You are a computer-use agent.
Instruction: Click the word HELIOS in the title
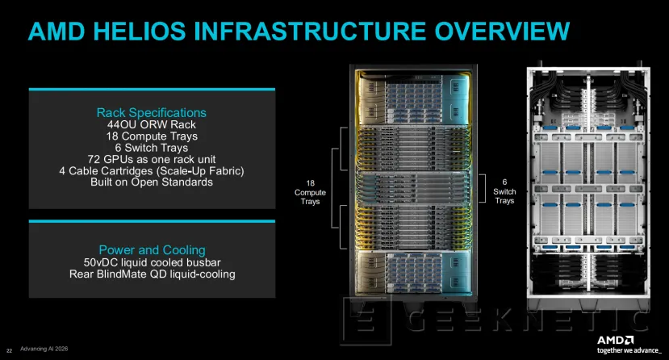139,31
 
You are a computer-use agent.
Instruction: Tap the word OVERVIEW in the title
502,31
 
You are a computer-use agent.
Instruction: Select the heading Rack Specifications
152,113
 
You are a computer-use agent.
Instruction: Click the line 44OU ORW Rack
152,124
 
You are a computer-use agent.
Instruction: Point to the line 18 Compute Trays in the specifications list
152,136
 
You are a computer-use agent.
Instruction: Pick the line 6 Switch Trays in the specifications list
152,148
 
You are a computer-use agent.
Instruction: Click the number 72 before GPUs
94,159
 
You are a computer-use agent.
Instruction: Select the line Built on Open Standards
152,182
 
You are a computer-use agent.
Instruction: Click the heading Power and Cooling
152,250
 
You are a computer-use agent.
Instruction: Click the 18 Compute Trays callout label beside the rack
310,192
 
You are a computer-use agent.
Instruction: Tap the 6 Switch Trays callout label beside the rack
504,191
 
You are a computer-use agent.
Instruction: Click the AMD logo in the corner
615,340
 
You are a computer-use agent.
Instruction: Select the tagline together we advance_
629,350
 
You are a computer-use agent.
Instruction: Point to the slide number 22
10,350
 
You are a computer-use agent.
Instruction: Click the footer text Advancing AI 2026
44,349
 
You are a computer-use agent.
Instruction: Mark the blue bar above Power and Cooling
152,221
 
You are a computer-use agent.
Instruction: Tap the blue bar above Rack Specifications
152,90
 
